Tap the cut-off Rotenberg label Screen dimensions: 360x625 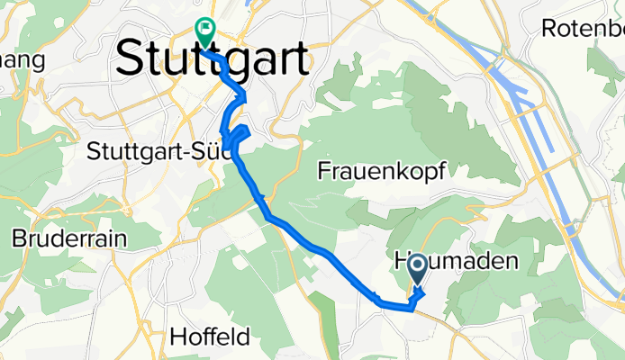click(583, 28)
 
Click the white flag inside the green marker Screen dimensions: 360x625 click(204, 29)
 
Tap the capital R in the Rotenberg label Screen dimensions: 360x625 click(548, 28)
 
